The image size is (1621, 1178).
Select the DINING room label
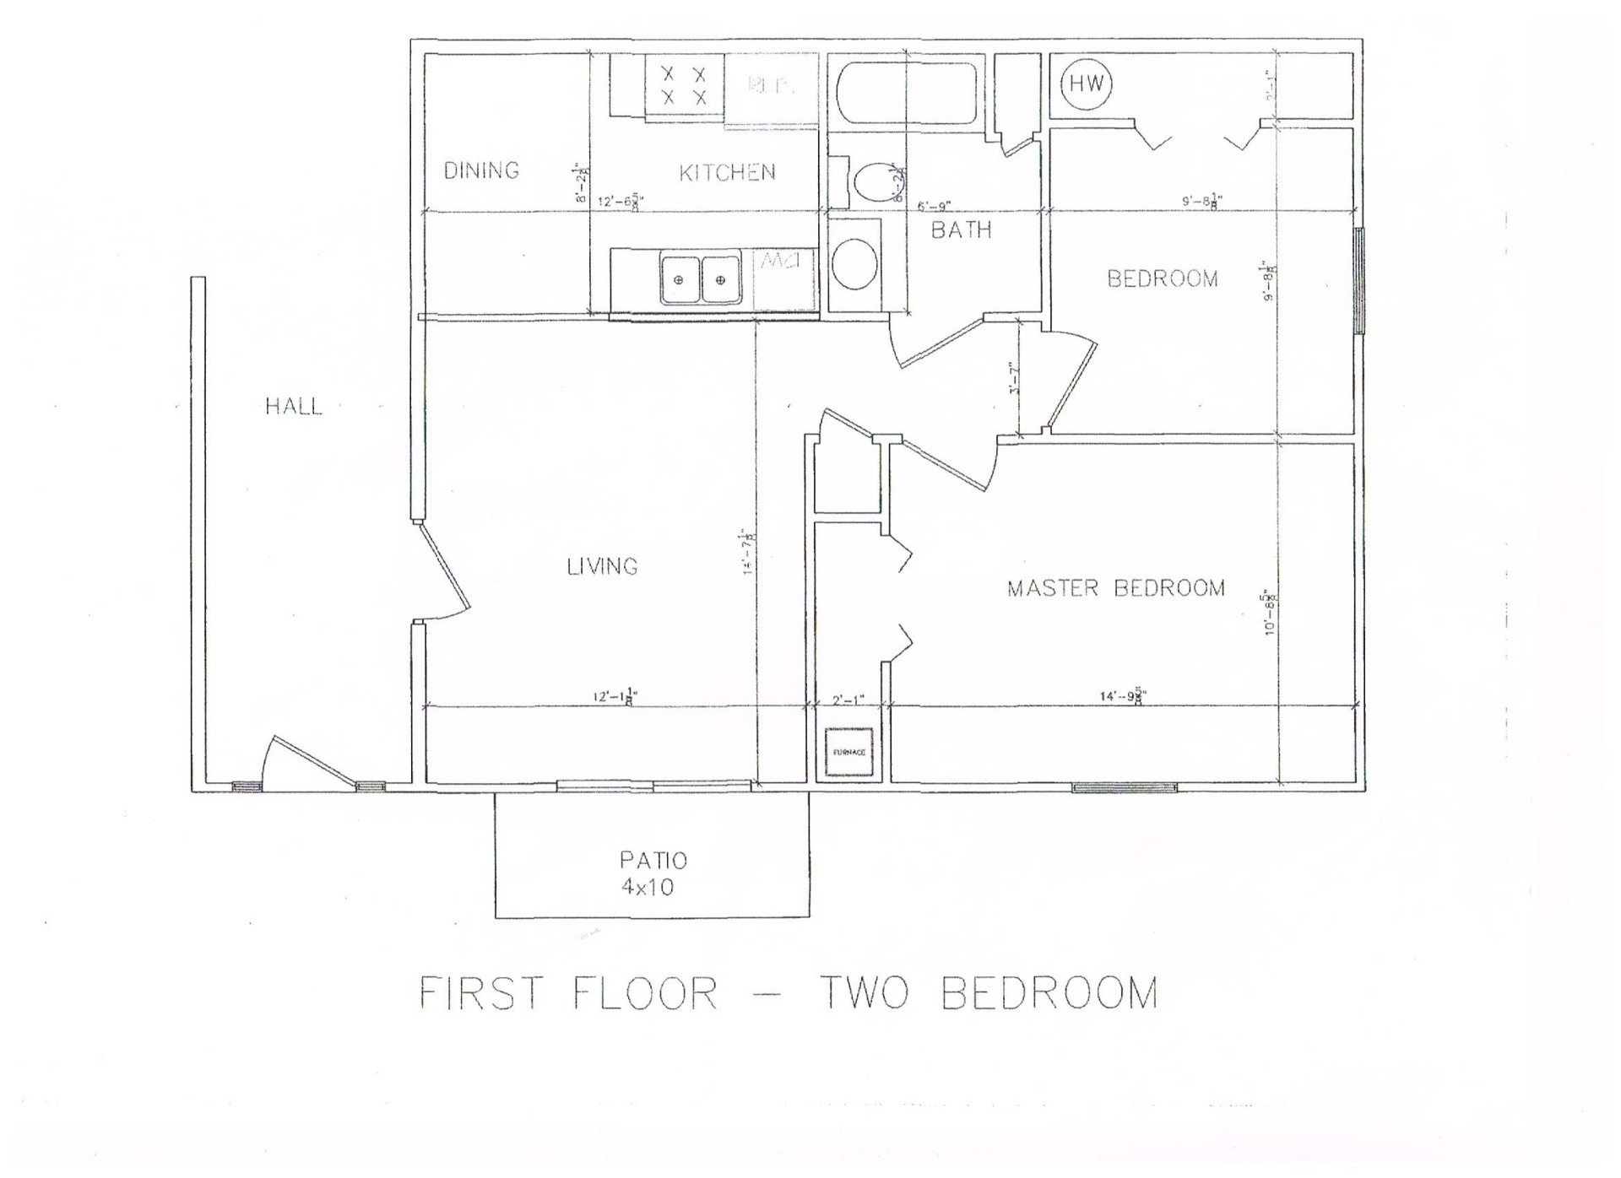point(481,170)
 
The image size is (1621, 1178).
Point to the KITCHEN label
point(727,173)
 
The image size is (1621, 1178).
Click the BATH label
point(961,230)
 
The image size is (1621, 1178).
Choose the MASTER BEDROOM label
point(1115,588)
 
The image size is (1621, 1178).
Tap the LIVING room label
point(602,566)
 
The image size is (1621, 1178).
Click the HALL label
point(294,407)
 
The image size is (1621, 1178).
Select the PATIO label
point(653,861)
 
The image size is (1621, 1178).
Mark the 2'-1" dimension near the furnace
point(848,700)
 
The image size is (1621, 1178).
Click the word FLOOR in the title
point(645,993)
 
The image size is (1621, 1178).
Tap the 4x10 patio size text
point(646,888)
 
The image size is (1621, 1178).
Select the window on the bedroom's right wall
point(1358,281)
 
